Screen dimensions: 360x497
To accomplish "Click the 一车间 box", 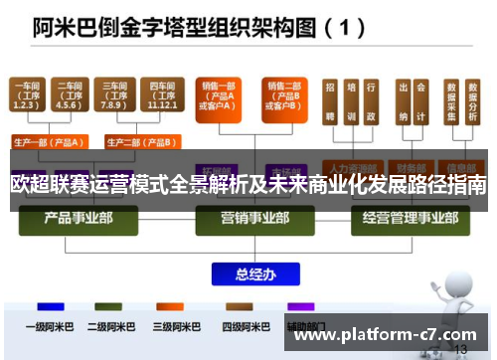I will [28, 95].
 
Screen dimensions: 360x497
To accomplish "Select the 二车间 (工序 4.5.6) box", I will [69, 95].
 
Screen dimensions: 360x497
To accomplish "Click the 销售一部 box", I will [217, 95].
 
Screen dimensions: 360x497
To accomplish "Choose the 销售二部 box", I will [282, 95].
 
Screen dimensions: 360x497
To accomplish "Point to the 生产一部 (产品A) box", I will [48, 140].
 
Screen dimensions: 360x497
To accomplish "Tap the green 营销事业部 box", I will [249, 217].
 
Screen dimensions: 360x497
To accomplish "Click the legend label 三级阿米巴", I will [175, 325].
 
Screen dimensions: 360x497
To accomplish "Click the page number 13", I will [460, 349].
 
